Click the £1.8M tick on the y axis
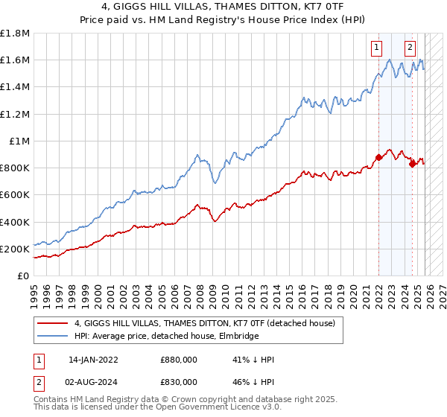pyautogui.click(x=15, y=34)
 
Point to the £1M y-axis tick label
pyautogui.click(x=19, y=141)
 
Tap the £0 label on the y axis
pyautogui.click(x=22, y=276)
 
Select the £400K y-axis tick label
pyautogui.click(x=15, y=222)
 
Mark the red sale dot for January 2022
pyautogui.click(x=378, y=157)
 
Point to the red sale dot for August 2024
pyautogui.click(x=412, y=164)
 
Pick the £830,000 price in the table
pyautogui.click(x=178, y=382)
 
